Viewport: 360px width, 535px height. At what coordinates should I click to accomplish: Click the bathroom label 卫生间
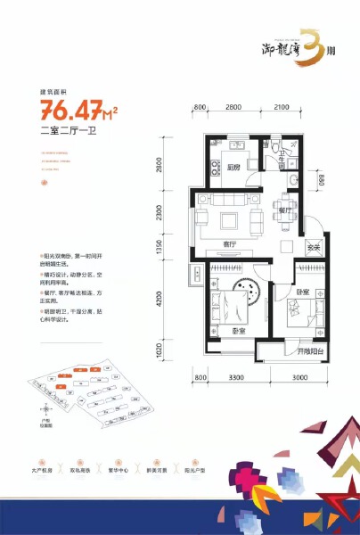coord(290,163)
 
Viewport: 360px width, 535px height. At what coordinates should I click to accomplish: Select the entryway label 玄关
coord(313,247)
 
